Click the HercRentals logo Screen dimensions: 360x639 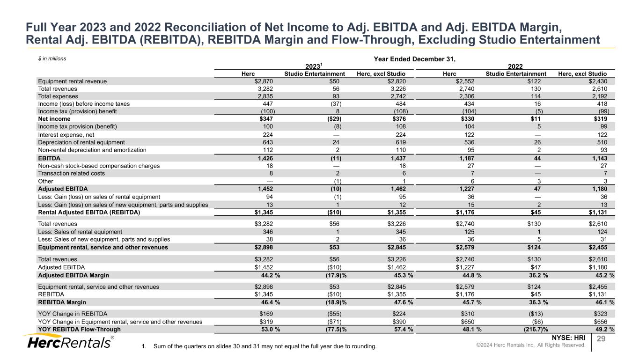(67, 342)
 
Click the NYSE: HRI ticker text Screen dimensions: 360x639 (568, 337)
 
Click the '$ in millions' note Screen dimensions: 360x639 (52, 59)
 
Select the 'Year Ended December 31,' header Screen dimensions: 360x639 (415, 59)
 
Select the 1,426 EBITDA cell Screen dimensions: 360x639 (265, 158)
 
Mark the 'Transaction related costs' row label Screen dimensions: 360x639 (72, 173)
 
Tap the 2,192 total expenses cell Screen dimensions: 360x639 (598, 96)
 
